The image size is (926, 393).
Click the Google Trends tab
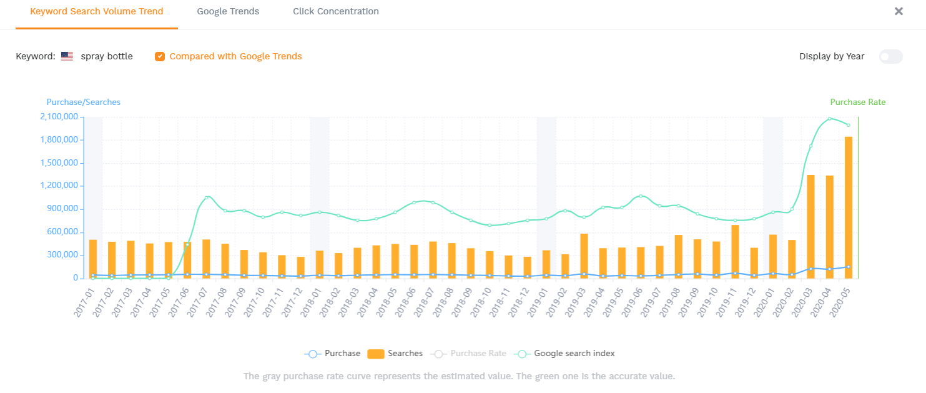tap(228, 11)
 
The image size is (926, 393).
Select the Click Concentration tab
tap(335, 11)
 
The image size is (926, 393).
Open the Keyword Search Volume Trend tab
tap(97, 11)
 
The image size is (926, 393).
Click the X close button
tap(899, 11)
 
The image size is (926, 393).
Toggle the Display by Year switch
tap(890, 56)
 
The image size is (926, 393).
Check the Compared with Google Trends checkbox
tap(160, 56)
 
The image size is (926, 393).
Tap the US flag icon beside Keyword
tap(67, 56)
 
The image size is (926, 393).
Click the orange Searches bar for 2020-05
tap(848, 206)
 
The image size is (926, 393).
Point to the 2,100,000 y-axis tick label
tap(59, 117)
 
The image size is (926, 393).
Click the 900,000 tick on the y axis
tap(64, 209)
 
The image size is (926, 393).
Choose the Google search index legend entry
tap(564, 354)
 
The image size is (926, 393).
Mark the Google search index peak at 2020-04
tap(829, 118)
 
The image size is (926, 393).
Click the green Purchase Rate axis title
tap(857, 102)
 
